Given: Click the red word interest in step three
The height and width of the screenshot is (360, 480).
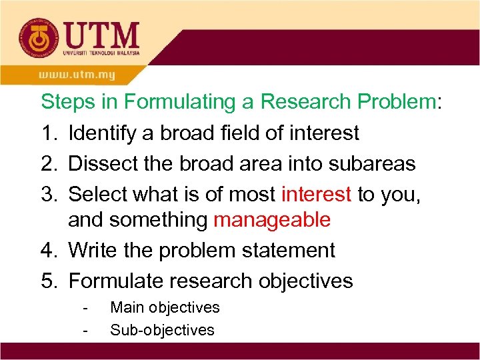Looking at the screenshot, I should click(316, 193).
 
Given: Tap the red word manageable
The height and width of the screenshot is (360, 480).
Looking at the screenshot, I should click(272, 220).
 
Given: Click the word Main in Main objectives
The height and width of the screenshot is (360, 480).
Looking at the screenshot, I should click(127, 307).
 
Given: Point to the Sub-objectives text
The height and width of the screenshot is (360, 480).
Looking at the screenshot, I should click(162, 329).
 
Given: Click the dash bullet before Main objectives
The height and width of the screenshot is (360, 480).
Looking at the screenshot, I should click(85, 308).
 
